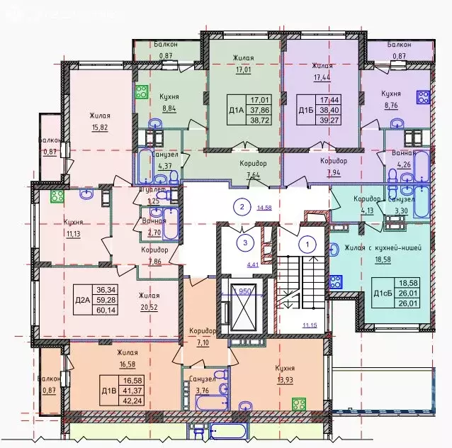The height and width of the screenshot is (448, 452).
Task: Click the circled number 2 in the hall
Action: click(x=242, y=207)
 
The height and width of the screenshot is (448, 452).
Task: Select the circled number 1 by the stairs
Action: click(x=307, y=245)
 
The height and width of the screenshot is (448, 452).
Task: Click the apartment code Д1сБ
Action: click(x=380, y=292)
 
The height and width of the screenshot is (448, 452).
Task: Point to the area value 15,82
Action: click(x=100, y=127)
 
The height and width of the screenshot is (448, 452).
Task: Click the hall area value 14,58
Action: click(x=264, y=208)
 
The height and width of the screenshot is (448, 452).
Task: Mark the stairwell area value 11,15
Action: click(x=310, y=325)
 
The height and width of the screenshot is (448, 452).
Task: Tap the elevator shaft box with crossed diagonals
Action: click(x=242, y=311)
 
